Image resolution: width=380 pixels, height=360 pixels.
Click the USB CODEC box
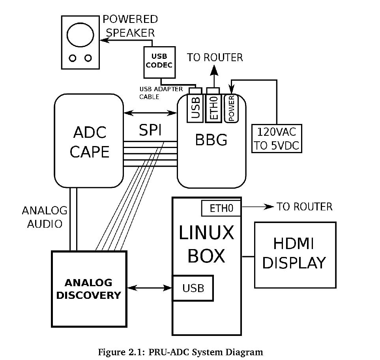pyautogui.click(x=159, y=62)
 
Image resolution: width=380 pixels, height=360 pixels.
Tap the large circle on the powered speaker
pyautogui.click(x=80, y=35)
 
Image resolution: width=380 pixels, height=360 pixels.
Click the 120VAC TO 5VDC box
pyautogui.click(x=277, y=139)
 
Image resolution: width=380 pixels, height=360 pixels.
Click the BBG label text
pyautogui.click(x=211, y=140)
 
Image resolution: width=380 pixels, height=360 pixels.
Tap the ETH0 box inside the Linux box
pyautogui.click(x=221, y=208)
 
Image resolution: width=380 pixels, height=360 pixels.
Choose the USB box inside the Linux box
pyautogui.click(x=193, y=288)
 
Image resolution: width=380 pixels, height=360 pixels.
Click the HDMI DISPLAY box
pyautogui.click(x=295, y=255)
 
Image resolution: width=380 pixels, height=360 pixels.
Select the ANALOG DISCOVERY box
pyautogui.click(x=89, y=289)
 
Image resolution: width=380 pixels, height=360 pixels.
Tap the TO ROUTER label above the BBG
pyautogui.click(x=215, y=58)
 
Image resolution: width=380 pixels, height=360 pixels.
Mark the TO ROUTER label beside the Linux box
pyautogui.click(x=304, y=206)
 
